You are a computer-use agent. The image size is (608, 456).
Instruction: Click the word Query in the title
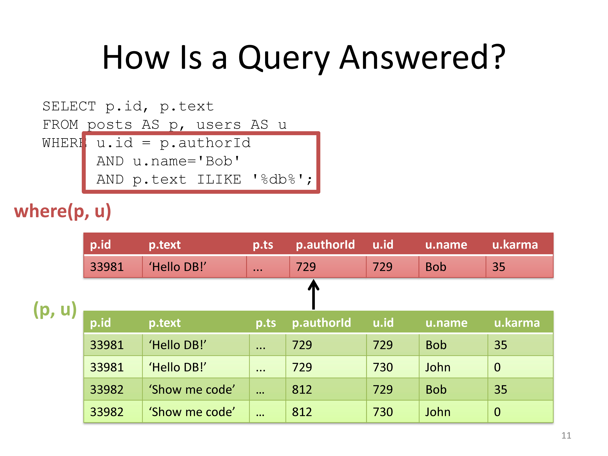click(284, 58)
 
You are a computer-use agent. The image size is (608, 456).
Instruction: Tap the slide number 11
click(566, 435)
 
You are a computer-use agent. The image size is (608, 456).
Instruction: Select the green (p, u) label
click(55, 309)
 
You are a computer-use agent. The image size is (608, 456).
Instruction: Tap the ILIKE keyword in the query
click(219, 179)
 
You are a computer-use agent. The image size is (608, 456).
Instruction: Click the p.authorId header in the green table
click(321, 323)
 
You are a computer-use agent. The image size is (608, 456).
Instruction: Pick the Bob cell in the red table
click(436, 267)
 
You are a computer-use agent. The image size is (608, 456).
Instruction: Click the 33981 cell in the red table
click(107, 267)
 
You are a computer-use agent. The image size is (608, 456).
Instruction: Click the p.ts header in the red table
click(263, 245)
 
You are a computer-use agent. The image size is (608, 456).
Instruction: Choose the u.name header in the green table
click(446, 323)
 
